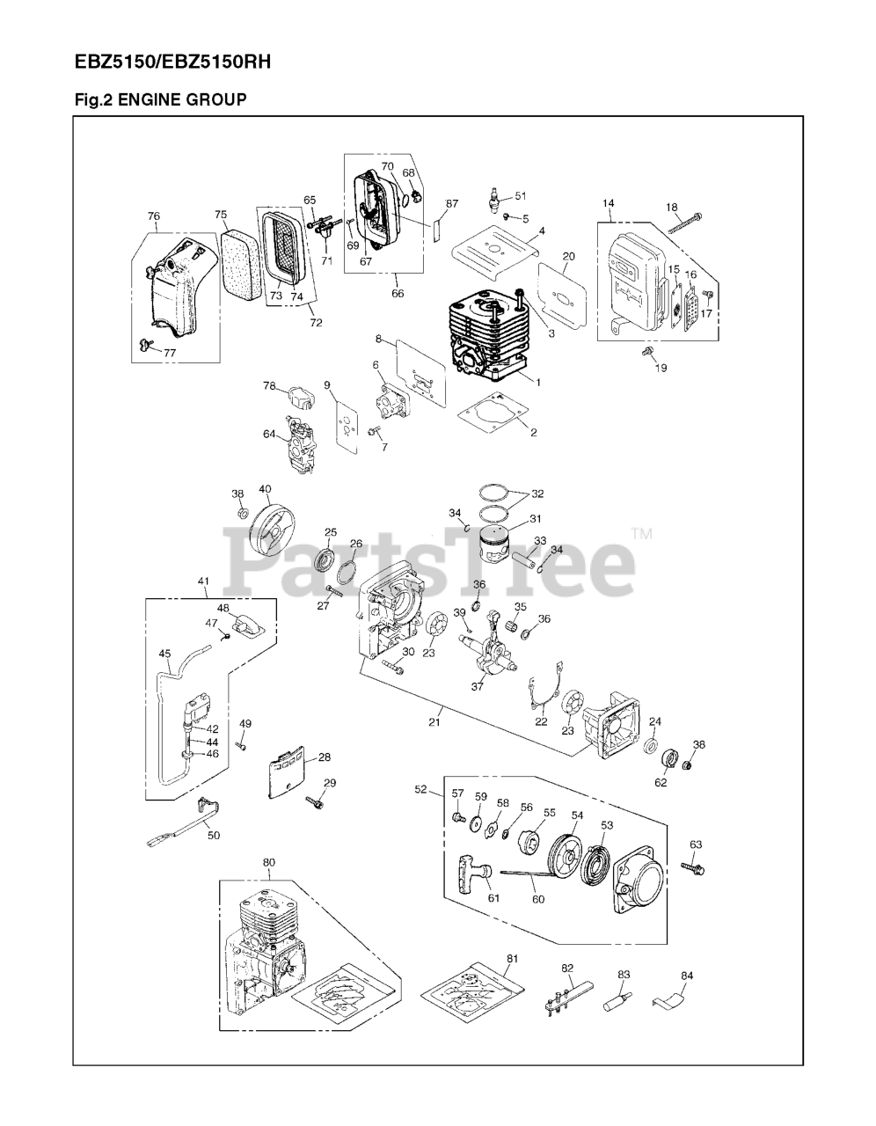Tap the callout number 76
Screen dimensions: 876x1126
pos(153,216)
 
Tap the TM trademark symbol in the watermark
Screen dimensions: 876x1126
pos(641,533)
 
